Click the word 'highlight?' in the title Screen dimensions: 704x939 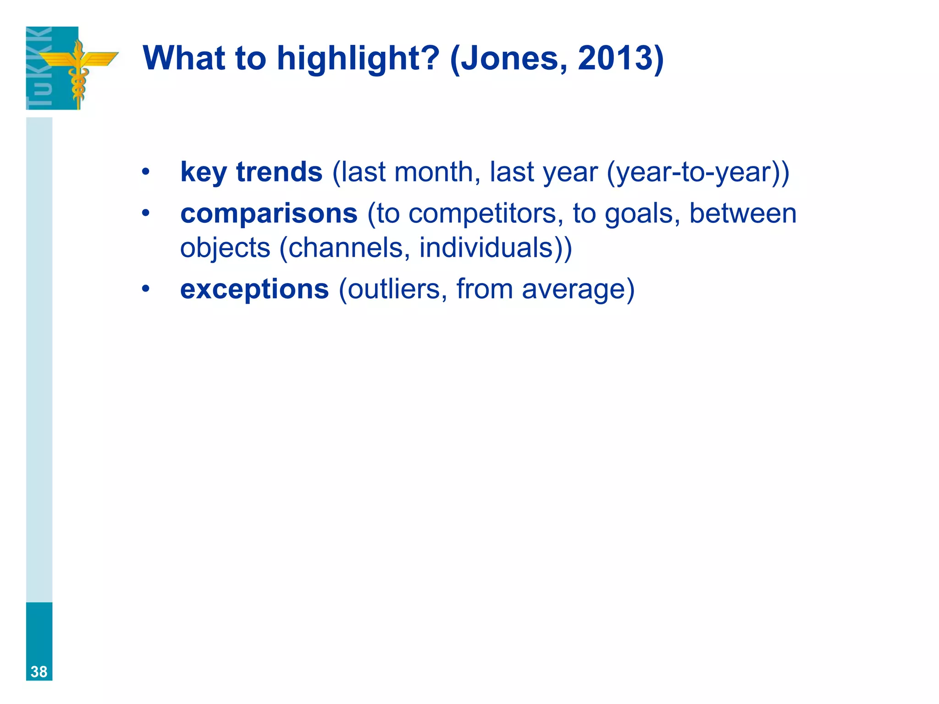[358, 59]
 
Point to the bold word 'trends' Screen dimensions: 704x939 [279, 172]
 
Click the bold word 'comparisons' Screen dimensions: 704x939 [269, 214]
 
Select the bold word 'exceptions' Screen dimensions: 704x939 [254, 289]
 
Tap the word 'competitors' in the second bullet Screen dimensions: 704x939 [482, 214]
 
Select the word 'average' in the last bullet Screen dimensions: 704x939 [573, 290]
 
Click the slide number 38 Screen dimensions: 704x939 [39, 672]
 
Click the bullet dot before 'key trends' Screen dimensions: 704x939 [145, 172]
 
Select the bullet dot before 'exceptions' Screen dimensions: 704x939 [145, 289]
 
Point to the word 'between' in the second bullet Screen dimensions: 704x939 [743, 214]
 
